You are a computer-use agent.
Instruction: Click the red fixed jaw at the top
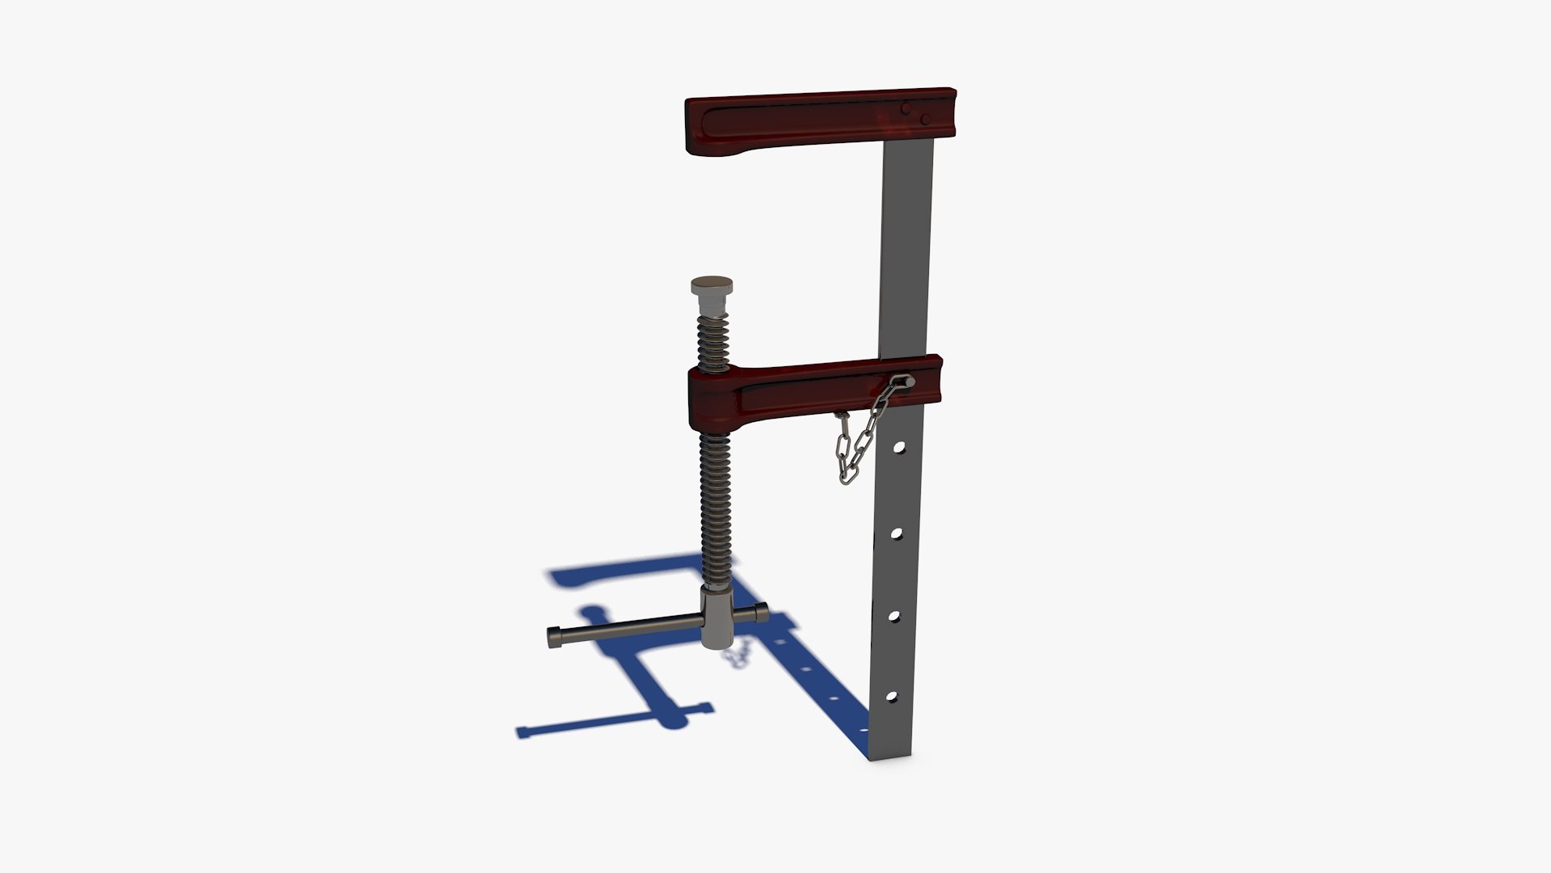(792, 121)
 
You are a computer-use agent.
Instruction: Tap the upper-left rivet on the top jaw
(906, 108)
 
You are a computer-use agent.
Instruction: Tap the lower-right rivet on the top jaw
(926, 120)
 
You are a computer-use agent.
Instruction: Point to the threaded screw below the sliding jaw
(715, 509)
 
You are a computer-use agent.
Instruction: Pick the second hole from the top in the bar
(897, 533)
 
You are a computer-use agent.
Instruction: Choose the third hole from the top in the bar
(894, 616)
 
